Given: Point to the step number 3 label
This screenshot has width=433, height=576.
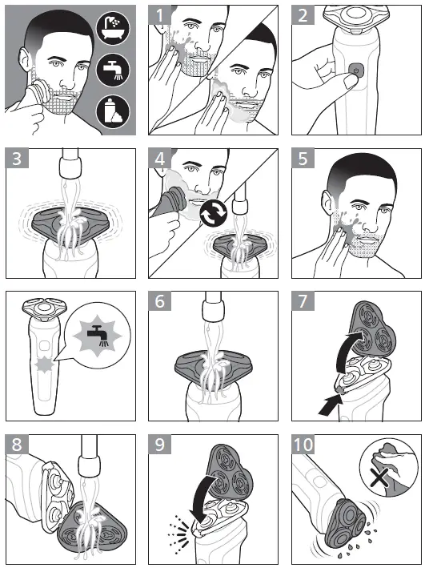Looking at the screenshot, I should pos(17,159).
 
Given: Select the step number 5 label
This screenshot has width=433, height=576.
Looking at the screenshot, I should pos(303,159).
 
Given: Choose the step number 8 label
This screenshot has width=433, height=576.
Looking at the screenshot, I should pos(17,446).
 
